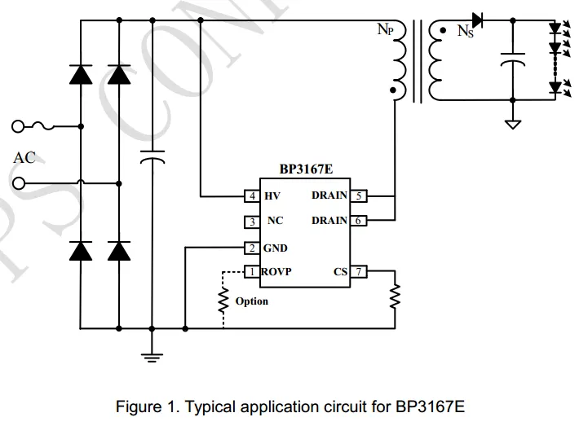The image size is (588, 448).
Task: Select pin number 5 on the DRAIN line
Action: point(358,196)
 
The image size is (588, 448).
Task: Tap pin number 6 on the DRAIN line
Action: point(358,220)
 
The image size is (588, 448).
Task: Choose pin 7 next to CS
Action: point(358,271)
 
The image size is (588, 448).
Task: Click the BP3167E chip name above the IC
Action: point(306,170)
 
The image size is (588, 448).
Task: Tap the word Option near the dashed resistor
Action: point(251,301)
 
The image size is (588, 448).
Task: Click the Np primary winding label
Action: point(386,30)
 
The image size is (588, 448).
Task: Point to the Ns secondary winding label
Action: point(465,32)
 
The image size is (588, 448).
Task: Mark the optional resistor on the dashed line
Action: point(223,302)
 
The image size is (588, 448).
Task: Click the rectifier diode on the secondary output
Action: point(478,19)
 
